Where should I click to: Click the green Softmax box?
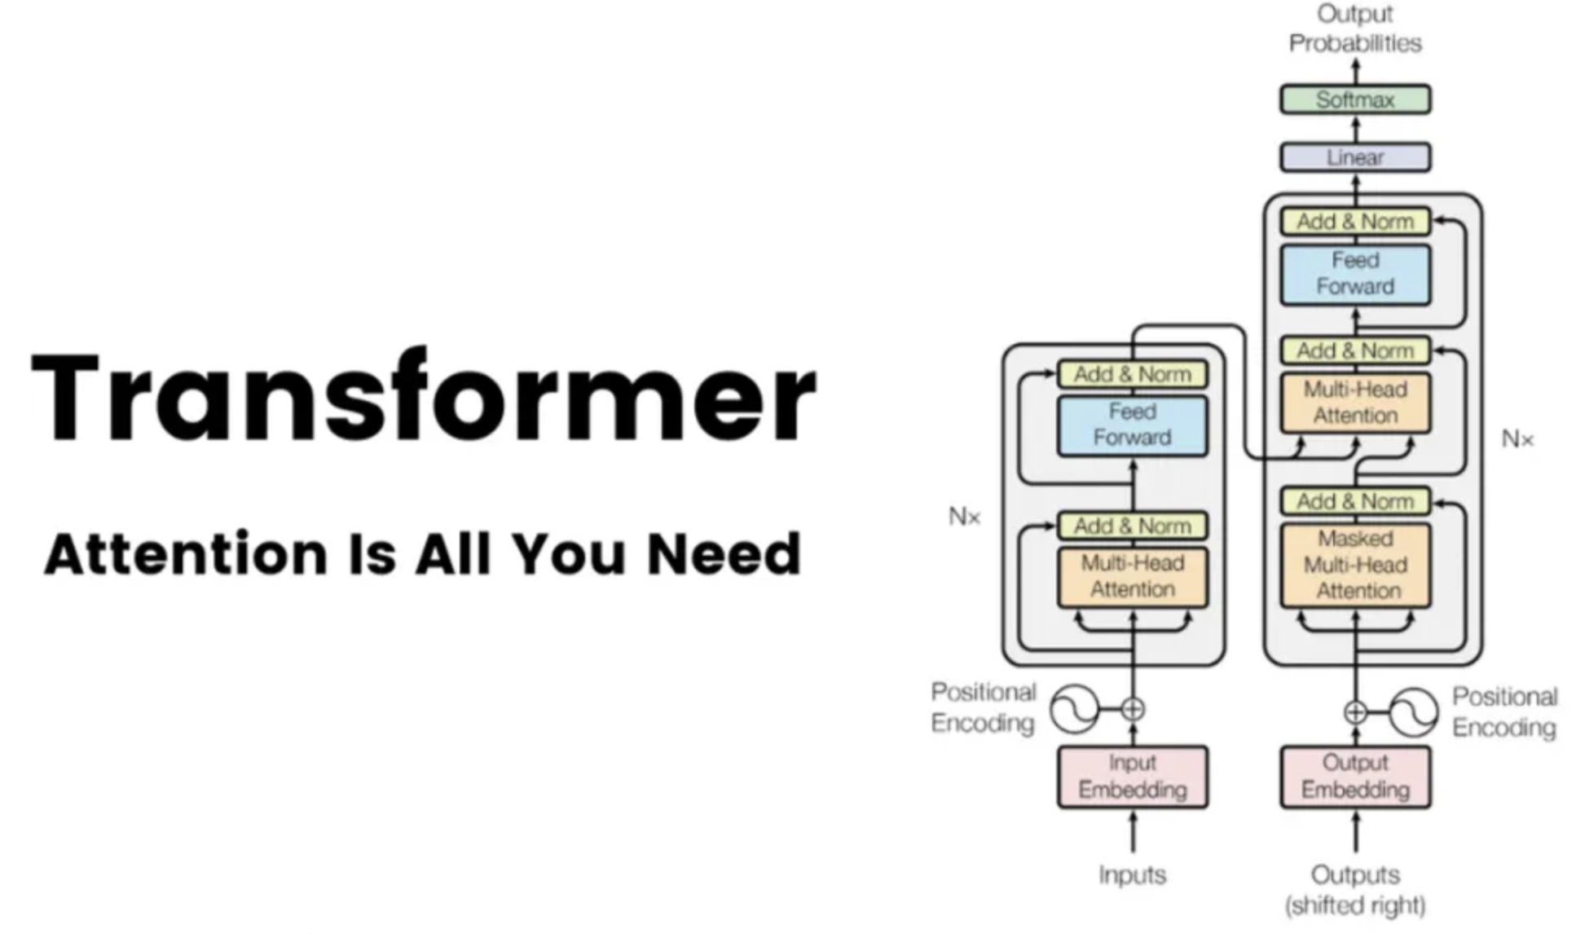click(x=1355, y=99)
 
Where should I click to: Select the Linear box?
click(x=1355, y=157)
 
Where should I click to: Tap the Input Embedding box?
click(x=1132, y=777)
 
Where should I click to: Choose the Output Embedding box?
click(x=1355, y=777)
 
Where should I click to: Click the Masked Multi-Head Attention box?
click(x=1355, y=565)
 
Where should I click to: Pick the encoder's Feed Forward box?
click(x=1132, y=425)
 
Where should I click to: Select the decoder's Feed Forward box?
click(x=1355, y=275)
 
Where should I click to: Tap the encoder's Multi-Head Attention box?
click(x=1132, y=577)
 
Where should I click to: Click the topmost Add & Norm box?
click(x=1355, y=222)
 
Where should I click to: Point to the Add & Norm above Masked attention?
click(x=1355, y=501)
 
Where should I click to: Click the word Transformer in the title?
click(x=424, y=397)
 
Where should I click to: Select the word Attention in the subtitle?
click(x=186, y=553)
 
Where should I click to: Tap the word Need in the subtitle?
click(x=724, y=553)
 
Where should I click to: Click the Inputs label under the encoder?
click(x=1132, y=875)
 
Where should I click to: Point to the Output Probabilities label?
click(x=1355, y=29)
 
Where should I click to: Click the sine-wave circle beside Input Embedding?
click(x=1074, y=709)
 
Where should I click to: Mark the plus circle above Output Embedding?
click(x=1355, y=712)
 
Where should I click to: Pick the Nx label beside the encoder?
click(x=964, y=517)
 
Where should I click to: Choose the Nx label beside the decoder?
click(x=1517, y=439)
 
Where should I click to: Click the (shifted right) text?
click(x=1355, y=905)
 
